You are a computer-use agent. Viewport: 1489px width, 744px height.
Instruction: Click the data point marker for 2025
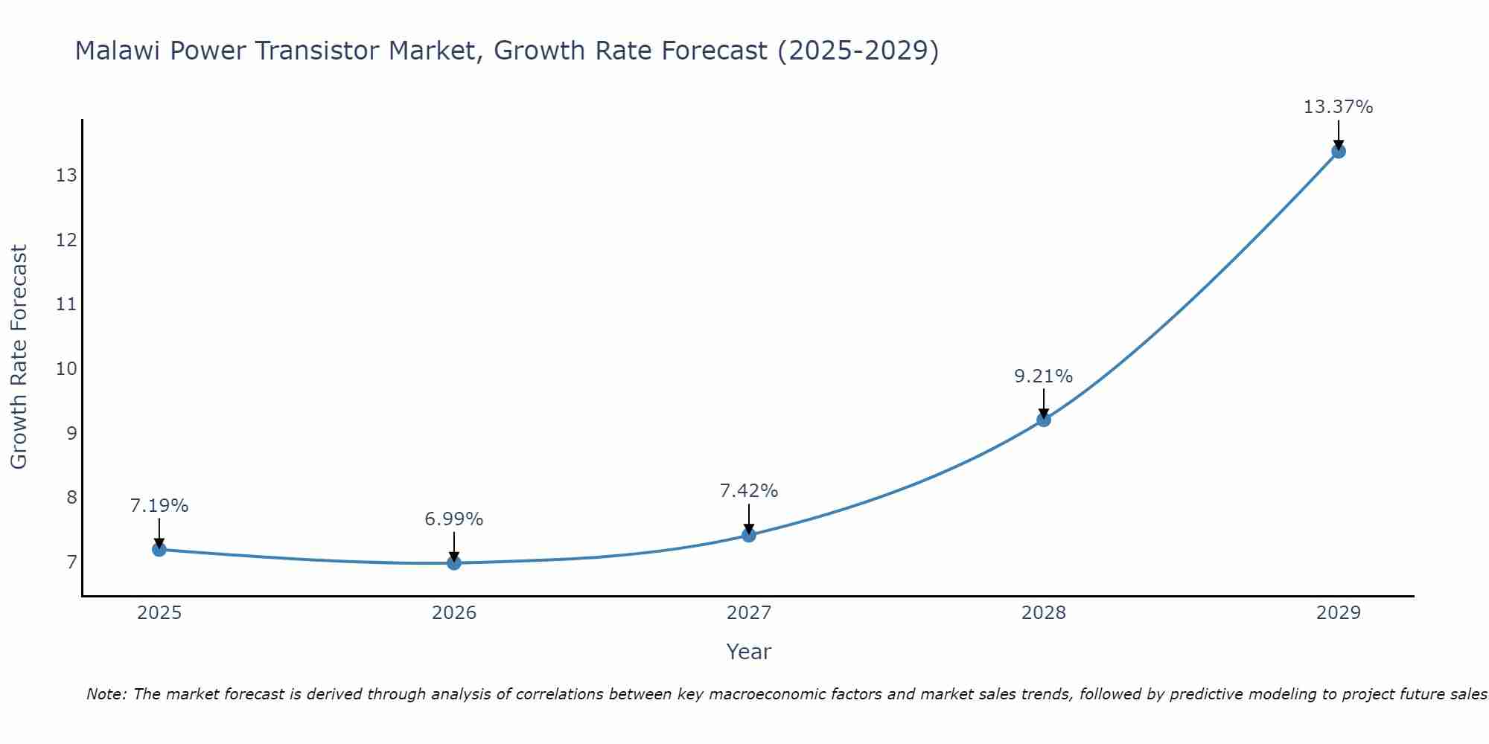point(159,549)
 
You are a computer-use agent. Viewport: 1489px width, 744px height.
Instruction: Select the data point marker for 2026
point(454,562)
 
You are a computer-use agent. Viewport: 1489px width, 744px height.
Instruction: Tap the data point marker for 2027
point(749,535)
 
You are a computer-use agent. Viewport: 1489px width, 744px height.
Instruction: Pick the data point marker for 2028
point(1044,420)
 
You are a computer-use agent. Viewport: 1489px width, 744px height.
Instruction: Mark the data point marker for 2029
point(1338,151)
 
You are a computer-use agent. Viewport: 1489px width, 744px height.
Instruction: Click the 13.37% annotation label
point(1338,107)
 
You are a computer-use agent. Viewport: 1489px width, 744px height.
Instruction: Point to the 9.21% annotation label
point(1044,376)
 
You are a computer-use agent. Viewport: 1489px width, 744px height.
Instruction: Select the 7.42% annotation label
point(749,491)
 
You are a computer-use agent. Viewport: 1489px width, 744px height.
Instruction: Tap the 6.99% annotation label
point(454,519)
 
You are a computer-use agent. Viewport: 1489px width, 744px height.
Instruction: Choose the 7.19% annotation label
point(159,506)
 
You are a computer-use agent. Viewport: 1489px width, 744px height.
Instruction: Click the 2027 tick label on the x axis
point(749,613)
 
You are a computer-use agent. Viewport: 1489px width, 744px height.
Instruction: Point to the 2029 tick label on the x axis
point(1338,613)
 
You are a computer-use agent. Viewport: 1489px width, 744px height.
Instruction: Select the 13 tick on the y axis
point(66,176)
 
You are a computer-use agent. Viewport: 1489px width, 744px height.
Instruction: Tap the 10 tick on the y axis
point(66,369)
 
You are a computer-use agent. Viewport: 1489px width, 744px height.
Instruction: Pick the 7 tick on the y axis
point(71,562)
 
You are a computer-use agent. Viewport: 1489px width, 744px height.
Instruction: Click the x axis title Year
point(749,652)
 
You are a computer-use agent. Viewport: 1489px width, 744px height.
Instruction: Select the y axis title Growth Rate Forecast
point(19,357)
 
